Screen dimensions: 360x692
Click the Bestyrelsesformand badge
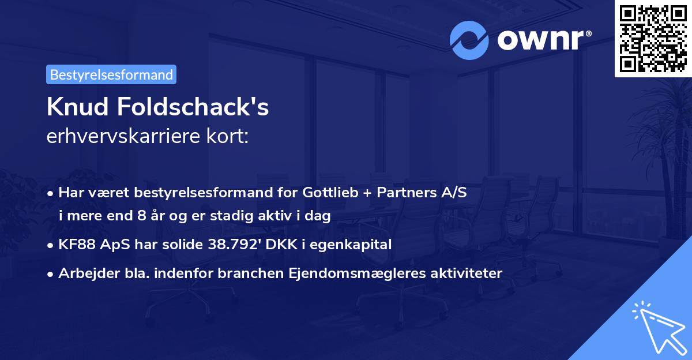pos(111,74)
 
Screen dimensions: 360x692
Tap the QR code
pos(652,39)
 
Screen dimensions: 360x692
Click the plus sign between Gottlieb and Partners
pos(365,193)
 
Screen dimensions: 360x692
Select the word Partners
pos(404,193)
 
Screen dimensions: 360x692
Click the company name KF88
pos(76,245)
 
